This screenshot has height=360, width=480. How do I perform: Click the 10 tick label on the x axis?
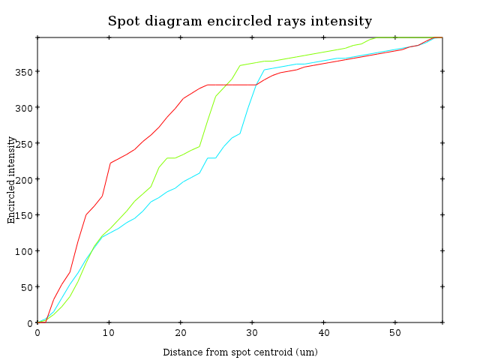[x=109, y=333]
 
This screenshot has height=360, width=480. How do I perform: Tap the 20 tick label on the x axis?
[x=181, y=333]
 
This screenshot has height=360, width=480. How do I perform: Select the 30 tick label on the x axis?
[x=252, y=333]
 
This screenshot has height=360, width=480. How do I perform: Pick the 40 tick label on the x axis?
[x=323, y=333]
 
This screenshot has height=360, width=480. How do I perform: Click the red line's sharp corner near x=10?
[x=110, y=163]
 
